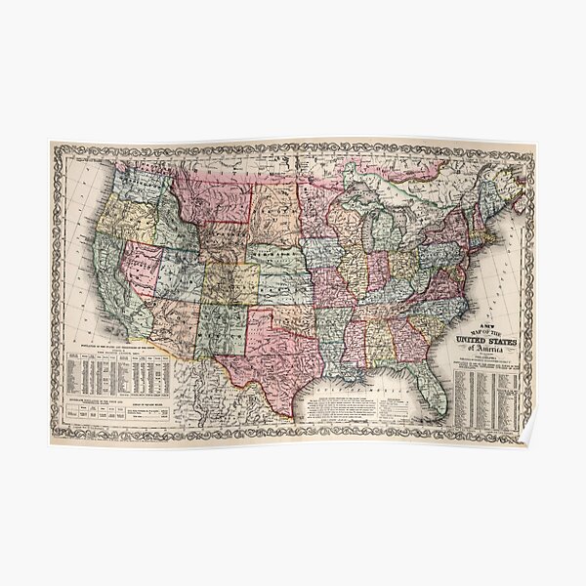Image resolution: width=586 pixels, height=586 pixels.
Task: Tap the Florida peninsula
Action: point(429,387)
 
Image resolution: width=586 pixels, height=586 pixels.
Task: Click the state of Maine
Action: point(506,186)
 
